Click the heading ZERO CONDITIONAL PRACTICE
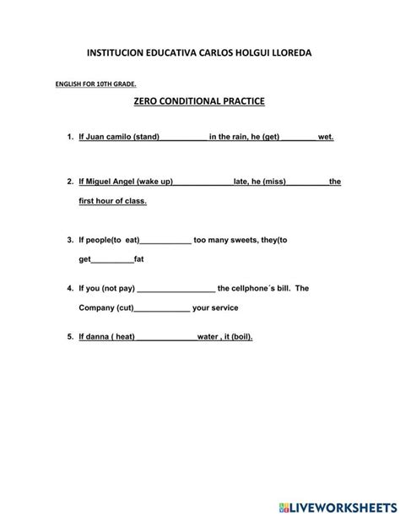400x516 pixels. (199, 100)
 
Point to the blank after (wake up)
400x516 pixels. (203, 182)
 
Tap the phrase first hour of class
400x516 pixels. (112, 201)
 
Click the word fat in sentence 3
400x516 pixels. (139, 259)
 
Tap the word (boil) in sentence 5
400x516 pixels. (240, 336)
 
